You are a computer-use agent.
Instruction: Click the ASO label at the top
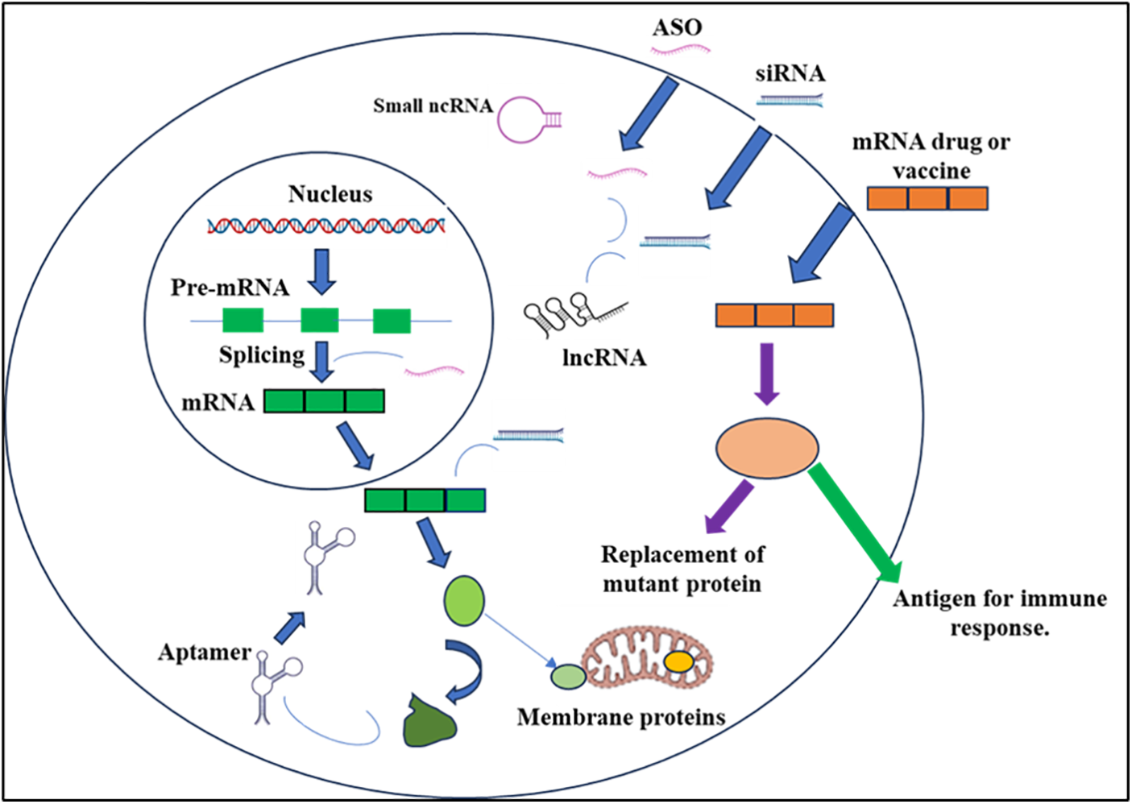(x=677, y=27)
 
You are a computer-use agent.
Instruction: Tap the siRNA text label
(x=790, y=74)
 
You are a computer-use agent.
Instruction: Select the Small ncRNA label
(x=433, y=106)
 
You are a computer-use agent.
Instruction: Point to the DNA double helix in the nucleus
(x=326, y=226)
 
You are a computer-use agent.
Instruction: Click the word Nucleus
(x=330, y=194)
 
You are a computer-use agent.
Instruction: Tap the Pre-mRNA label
(x=230, y=288)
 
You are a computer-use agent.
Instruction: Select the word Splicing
(x=262, y=355)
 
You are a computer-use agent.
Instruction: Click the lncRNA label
(x=604, y=358)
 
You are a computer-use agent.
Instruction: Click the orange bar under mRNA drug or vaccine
(x=927, y=198)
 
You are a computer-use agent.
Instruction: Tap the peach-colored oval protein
(x=767, y=448)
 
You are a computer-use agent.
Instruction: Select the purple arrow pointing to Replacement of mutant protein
(x=729, y=507)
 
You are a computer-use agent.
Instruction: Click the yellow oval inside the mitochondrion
(x=678, y=662)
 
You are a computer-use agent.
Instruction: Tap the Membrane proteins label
(x=621, y=718)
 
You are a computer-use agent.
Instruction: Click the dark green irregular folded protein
(x=429, y=722)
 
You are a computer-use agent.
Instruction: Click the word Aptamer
(x=205, y=653)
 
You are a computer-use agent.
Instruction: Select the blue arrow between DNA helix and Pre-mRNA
(x=322, y=271)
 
